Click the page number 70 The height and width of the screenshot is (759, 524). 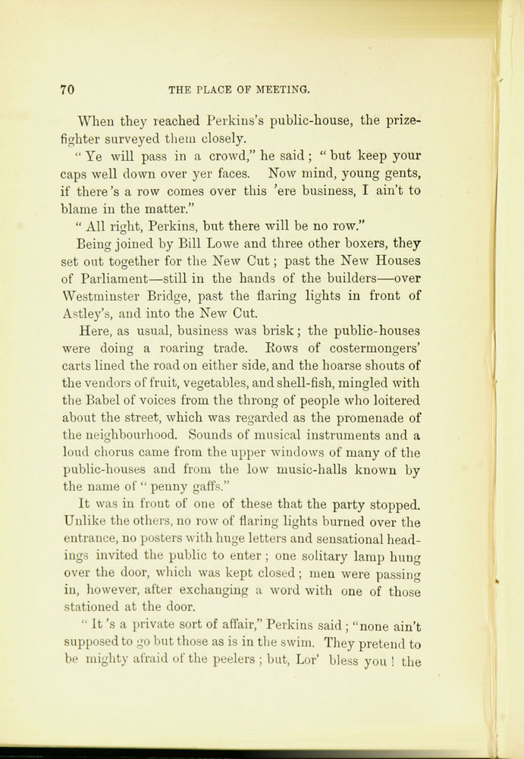(67, 90)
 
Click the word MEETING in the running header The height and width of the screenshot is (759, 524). (281, 90)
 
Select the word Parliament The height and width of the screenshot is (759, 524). (124, 278)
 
